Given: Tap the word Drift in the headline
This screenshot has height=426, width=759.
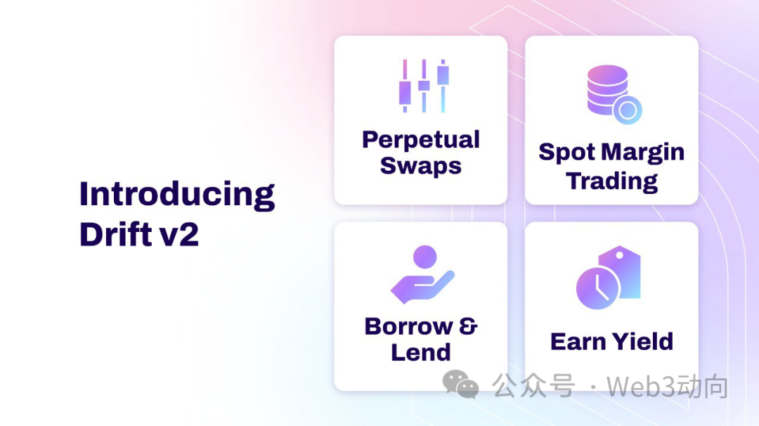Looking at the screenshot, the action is coord(116,234).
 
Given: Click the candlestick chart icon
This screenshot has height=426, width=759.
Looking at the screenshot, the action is coord(424,86).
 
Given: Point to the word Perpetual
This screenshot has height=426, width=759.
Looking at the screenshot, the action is coord(421,140).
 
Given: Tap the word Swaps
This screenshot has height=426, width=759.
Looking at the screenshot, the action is coord(421,166).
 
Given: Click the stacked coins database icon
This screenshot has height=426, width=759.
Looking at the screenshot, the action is coord(614,94).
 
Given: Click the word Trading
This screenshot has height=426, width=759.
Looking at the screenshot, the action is coord(612,181).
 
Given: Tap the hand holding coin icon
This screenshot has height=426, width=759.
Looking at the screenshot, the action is coord(422,274).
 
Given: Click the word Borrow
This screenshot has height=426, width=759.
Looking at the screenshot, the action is coord(409,326).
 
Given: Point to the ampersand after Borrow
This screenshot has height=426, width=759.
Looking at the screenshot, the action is coord(468,325).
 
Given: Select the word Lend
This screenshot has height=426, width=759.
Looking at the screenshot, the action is coord(421,352).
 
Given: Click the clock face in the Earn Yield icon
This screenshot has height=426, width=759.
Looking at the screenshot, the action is coord(598,288).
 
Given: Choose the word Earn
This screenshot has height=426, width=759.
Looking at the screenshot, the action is coord(578,341).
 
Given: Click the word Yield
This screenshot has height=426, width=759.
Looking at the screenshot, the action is coord(642,341).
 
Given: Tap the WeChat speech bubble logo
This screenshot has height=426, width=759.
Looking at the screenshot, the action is coord(460,385).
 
